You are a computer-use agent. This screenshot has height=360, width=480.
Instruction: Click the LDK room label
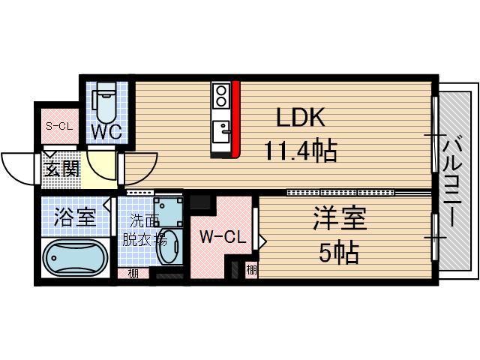[300, 118]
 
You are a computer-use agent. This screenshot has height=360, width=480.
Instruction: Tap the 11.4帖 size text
[299, 152]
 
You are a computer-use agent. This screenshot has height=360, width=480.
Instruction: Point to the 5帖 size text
[337, 253]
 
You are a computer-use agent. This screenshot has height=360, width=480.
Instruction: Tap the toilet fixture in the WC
[103, 105]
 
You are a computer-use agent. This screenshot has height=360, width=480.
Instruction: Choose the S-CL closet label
[58, 125]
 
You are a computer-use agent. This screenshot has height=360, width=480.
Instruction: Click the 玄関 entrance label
[61, 169]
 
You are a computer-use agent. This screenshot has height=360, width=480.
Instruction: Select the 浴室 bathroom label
[75, 219]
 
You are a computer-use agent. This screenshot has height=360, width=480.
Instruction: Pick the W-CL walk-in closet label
[222, 238]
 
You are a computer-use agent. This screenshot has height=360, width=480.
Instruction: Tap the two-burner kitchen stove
[221, 94]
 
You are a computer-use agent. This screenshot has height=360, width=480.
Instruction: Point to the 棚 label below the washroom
[133, 274]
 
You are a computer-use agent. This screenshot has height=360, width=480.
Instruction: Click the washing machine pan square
[167, 211]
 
